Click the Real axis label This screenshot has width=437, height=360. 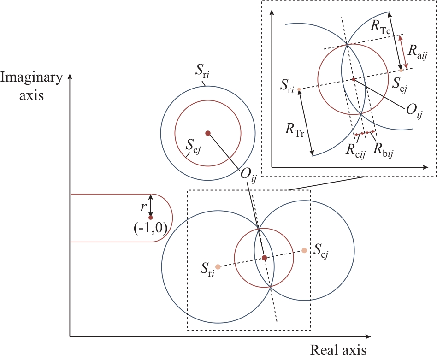[338, 350]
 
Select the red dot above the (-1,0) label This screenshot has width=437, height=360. [150, 217]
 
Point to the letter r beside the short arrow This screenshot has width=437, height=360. [143, 201]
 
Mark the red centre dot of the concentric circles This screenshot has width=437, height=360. [208, 133]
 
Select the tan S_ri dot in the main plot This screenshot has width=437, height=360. [218, 266]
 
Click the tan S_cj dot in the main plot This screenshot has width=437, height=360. [304, 250]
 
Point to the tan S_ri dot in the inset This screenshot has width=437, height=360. [299, 89]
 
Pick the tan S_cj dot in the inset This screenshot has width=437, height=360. [402, 70]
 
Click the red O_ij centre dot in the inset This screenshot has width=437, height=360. [354, 79]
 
